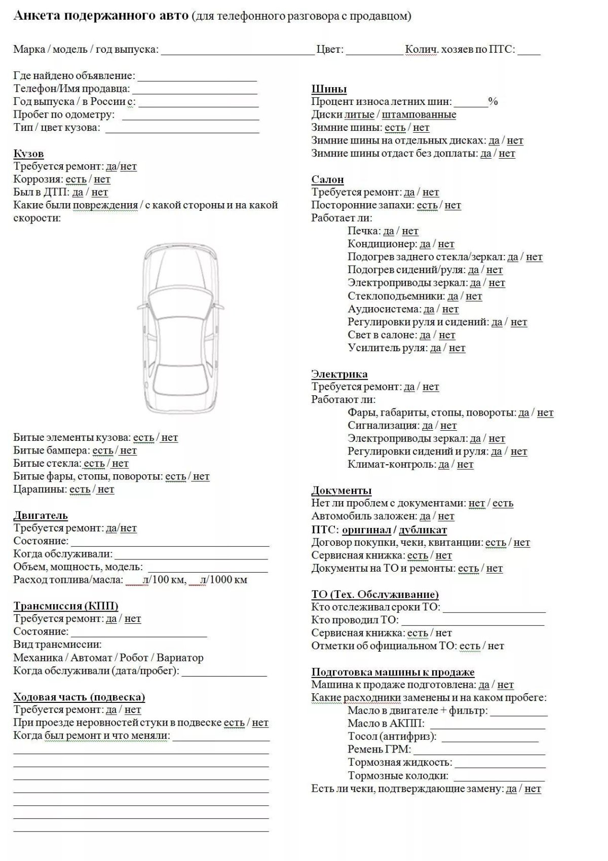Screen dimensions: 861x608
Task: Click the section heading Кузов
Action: pos(28,154)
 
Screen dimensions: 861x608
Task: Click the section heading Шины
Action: pos(329,89)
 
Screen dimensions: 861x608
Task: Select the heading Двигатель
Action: pos(40,515)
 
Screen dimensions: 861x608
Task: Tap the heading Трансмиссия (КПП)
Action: pos(66,606)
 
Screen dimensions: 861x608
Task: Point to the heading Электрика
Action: pos(339,374)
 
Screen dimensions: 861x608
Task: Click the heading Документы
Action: pos(341,491)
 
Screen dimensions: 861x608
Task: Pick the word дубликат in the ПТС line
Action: pos(423,530)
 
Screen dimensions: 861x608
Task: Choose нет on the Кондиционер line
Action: pos(446,244)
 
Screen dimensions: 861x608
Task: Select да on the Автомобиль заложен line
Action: pos(425,516)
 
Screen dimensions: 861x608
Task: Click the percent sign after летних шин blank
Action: pos(493,101)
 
